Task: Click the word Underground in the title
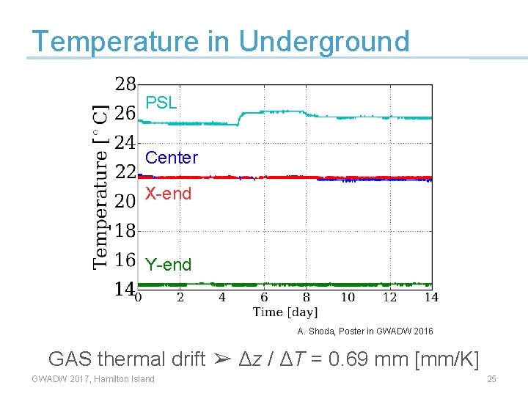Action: click(x=324, y=42)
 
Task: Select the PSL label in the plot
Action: click(x=161, y=103)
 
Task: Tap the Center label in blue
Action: click(x=172, y=158)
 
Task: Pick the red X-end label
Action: click(x=168, y=194)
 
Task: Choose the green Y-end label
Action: click(x=168, y=265)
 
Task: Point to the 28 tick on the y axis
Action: click(x=125, y=84)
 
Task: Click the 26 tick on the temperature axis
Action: click(x=125, y=113)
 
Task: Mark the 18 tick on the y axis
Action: click(x=125, y=230)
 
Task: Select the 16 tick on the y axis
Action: click(x=125, y=260)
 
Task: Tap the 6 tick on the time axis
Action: click(x=264, y=298)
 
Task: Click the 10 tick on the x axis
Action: click(x=348, y=298)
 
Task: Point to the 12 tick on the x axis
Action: click(x=389, y=298)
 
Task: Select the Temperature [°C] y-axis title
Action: click(x=102, y=185)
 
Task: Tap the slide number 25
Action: click(x=491, y=379)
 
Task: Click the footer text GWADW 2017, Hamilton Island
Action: click(x=93, y=379)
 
